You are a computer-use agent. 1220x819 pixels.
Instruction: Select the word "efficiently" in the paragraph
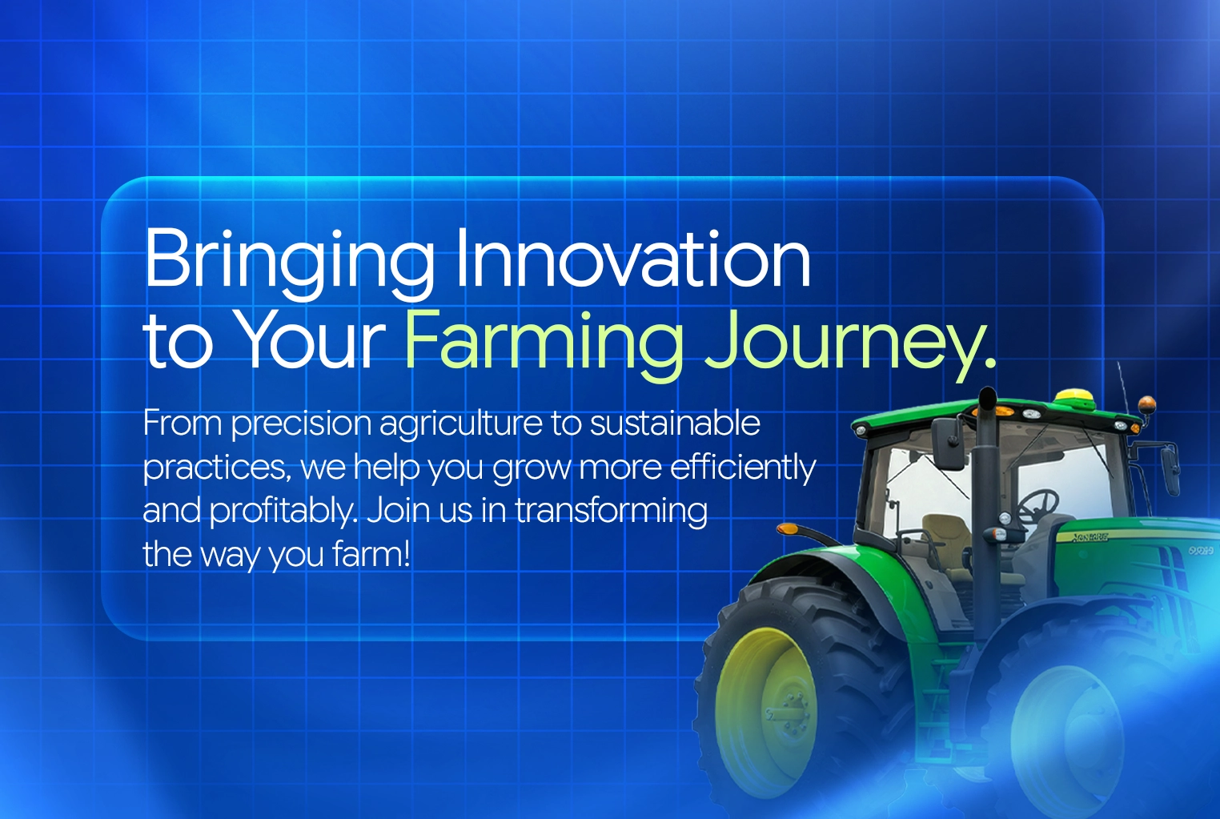tap(743, 469)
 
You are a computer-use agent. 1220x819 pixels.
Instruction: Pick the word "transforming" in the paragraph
tap(611, 512)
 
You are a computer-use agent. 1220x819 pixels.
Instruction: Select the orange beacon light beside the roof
tap(1146, 403)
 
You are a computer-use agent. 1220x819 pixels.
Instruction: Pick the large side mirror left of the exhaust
tap(947, 443)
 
